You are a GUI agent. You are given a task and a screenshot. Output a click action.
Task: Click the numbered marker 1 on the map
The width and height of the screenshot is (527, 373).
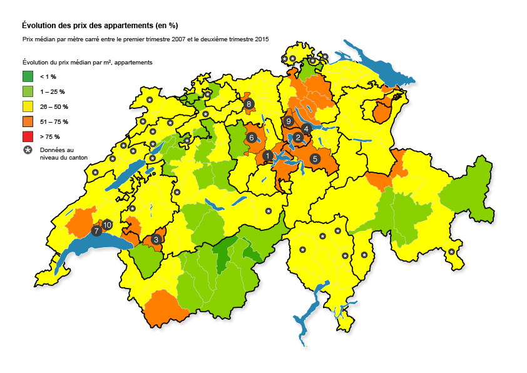268,156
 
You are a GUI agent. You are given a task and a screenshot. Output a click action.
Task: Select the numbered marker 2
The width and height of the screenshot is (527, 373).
299,138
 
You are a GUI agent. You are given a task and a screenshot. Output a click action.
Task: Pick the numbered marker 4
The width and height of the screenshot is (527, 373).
306,128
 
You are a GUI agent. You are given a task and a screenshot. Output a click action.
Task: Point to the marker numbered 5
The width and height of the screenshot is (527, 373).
315,159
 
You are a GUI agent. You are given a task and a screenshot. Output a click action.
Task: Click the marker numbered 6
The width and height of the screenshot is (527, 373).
252,137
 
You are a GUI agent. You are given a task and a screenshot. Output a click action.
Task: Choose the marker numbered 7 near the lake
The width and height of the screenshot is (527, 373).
96,231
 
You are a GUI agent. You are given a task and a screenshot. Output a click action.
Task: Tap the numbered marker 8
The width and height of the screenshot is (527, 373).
249,104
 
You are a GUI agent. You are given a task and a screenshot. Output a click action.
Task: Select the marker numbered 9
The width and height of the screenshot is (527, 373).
289,121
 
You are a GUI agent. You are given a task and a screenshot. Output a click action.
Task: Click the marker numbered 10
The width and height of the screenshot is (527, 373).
107,224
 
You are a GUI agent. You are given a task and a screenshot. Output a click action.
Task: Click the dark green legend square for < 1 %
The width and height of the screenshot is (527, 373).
28,76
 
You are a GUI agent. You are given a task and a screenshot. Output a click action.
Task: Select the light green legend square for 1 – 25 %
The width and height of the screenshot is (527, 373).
28,91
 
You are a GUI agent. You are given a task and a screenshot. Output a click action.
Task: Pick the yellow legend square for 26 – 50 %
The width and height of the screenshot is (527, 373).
28,106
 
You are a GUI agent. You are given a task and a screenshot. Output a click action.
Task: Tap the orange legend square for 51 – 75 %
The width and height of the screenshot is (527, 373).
28,121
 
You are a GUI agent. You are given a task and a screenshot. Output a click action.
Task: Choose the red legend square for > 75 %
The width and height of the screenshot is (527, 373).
28,136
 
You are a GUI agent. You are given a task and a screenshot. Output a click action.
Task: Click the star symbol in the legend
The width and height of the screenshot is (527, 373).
28,151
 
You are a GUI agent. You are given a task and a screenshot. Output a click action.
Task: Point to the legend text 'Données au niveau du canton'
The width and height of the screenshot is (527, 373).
63,154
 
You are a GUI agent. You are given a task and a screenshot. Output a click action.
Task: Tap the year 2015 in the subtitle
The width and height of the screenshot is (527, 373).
261,39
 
